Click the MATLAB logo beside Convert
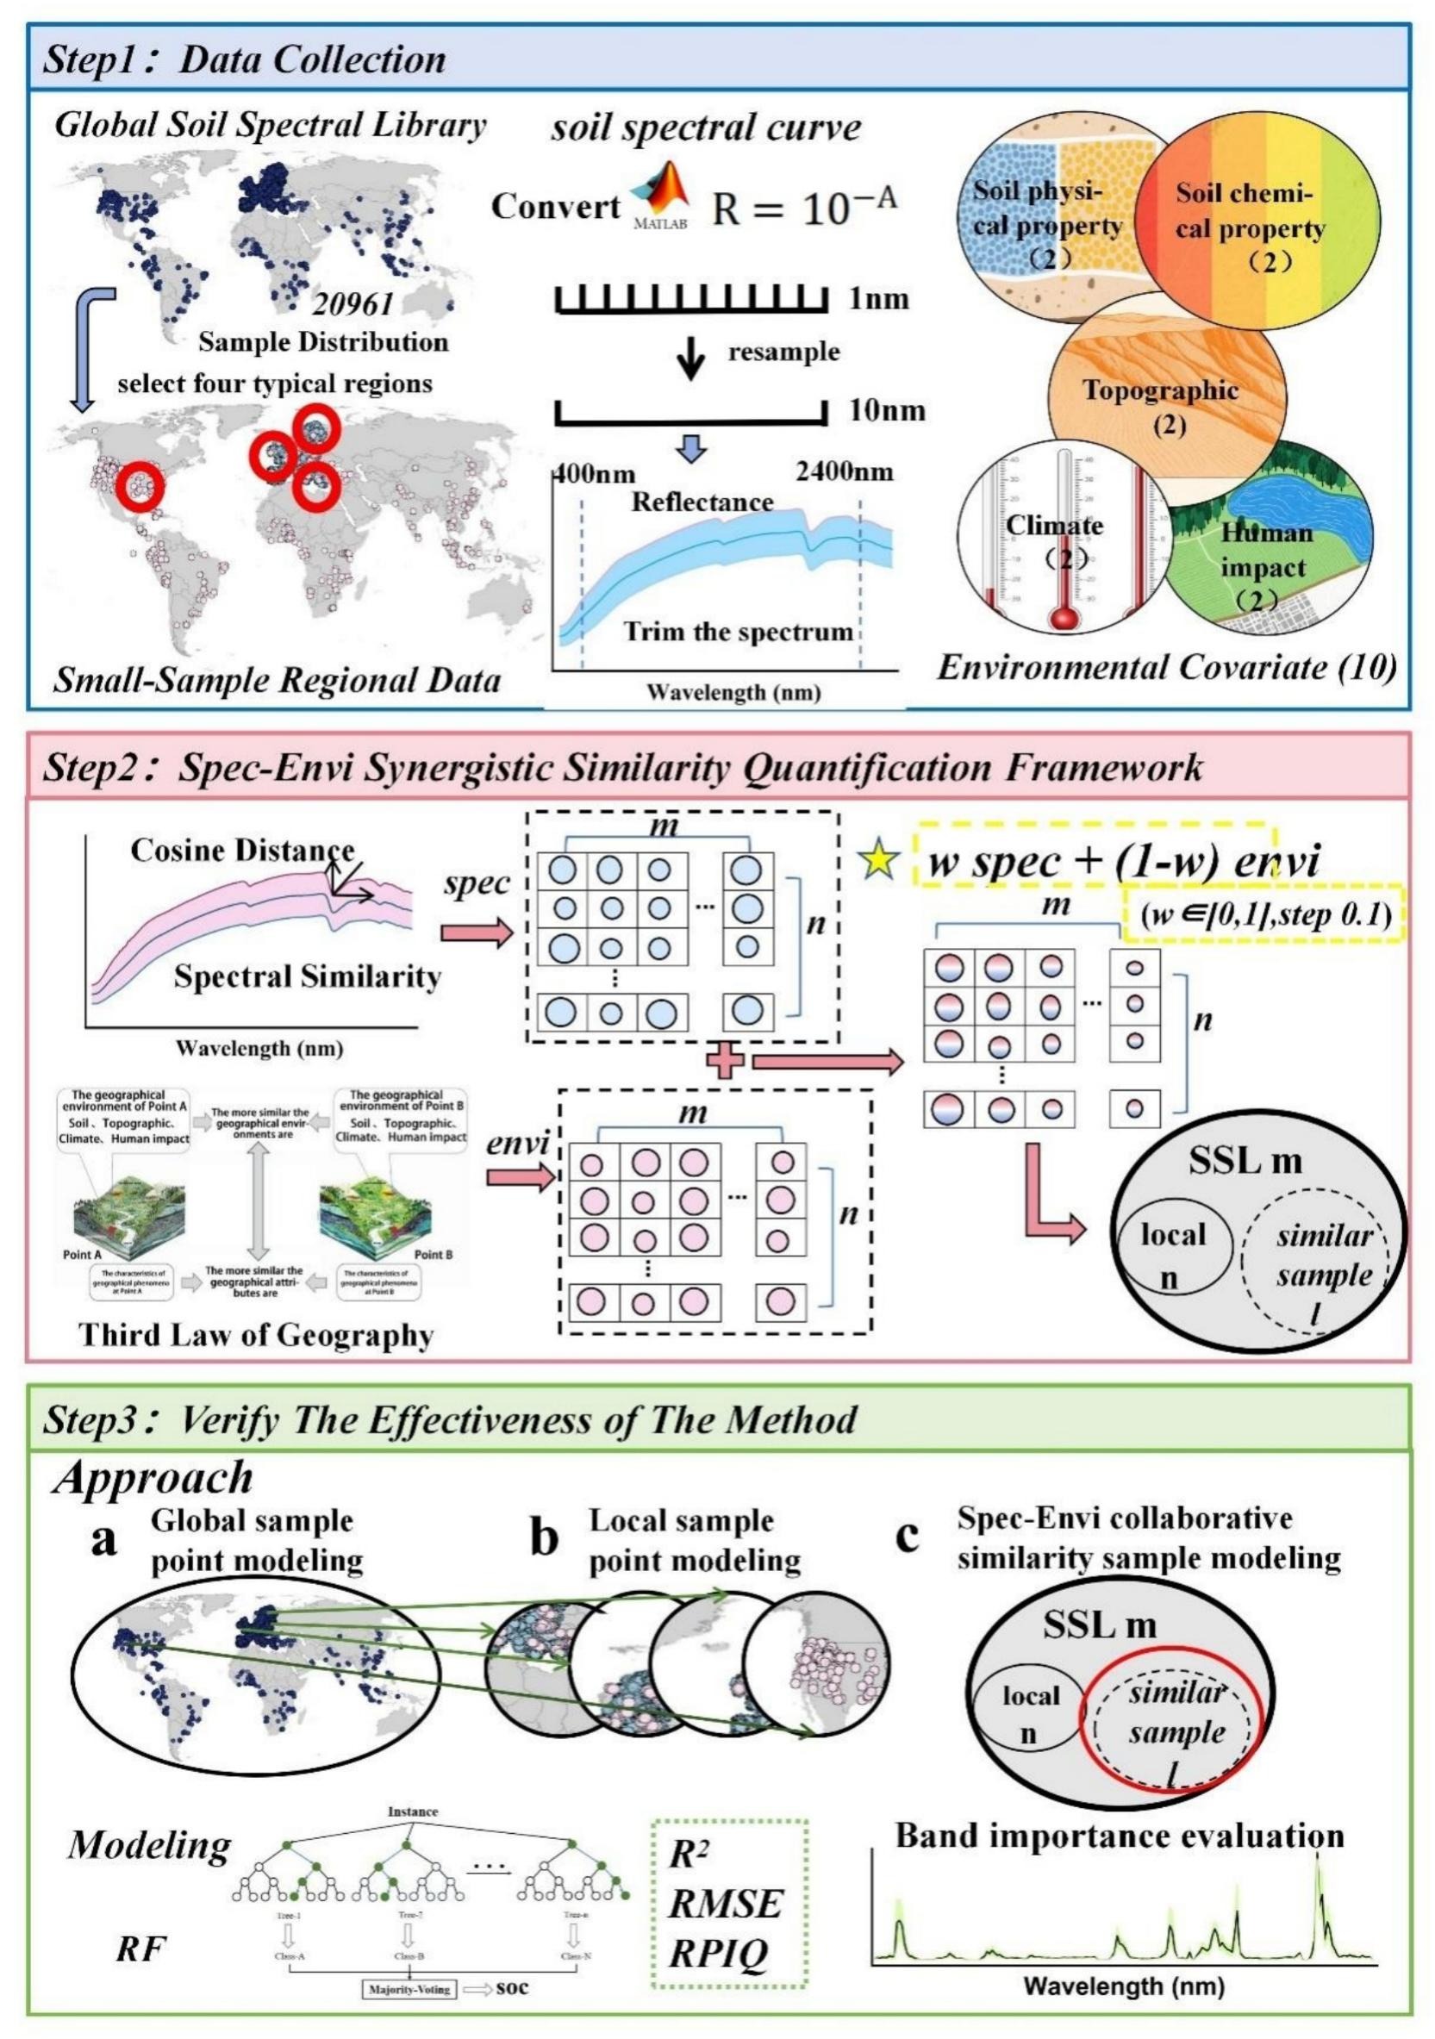(658, 196)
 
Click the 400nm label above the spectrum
(594, 472)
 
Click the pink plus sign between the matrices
(725, 1062)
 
